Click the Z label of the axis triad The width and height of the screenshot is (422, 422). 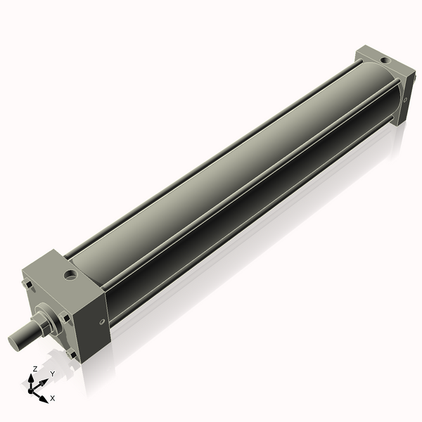click(x=35, y=369)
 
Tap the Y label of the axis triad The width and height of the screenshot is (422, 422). click(x=52, y=374)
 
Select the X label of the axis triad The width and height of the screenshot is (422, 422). click(x=53, y=399)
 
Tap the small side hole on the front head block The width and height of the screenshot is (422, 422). click(x=103, y=323)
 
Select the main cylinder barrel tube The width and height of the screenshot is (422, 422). click(x=232, y=176)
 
